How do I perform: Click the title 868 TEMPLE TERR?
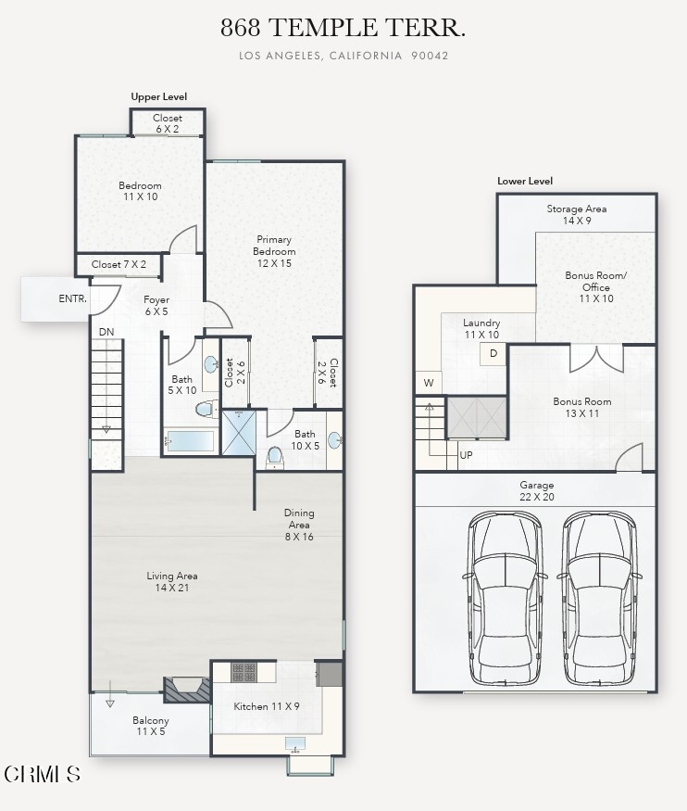343,29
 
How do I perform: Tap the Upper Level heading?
158,96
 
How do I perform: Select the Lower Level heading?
525,181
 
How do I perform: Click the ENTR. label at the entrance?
73,298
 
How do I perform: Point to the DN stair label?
106,331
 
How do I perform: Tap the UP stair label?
467,455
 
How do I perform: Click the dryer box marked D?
493,354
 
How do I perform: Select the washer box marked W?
429,382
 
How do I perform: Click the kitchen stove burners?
244,672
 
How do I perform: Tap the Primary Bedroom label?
275,251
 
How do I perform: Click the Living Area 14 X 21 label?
172,582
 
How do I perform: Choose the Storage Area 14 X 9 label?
576,215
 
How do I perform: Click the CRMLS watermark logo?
43,773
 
